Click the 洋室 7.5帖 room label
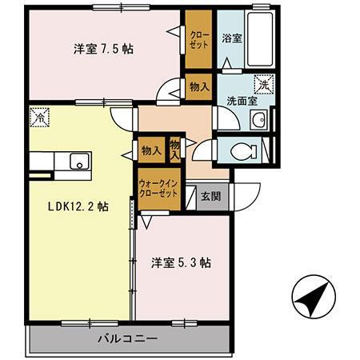pyautogui.click(x=103, y=49)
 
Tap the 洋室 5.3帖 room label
pyautogui.click(x=181, y=262)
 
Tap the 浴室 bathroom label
pyautogui.click(x=232, y=38)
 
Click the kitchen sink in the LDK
pyautogui.click(x=80, y=162)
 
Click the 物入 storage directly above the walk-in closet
pyautogui.click(x=151, y=149)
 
